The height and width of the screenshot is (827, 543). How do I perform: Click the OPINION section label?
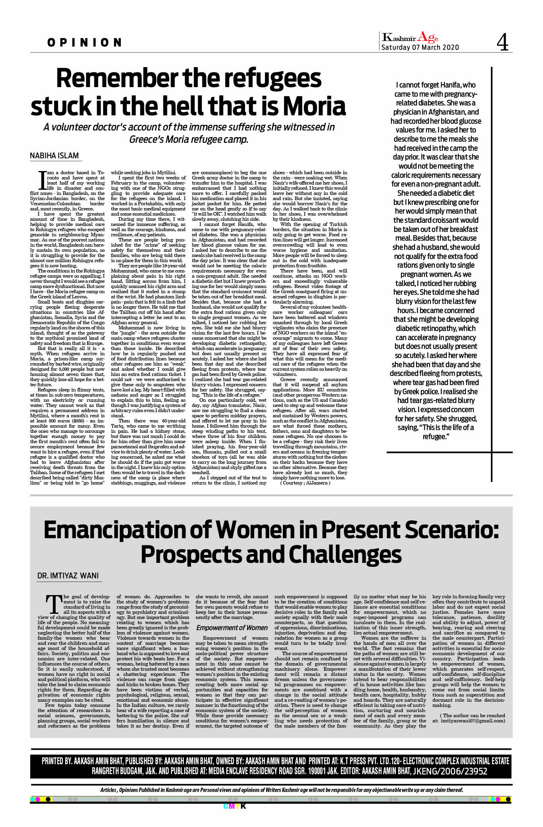click(x=84, y=43)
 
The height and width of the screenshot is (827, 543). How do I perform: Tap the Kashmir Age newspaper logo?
click(x=410, y=38)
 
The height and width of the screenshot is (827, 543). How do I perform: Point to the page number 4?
click(x=502, y=43)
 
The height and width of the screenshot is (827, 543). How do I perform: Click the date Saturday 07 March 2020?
click(x=420, y=47)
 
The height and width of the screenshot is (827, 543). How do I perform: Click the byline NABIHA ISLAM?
click(x=54, y=156)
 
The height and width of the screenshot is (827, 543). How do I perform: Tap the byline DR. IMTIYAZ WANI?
click(x=68, y=576)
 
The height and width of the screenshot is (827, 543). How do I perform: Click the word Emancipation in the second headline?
click(x=127, y=530)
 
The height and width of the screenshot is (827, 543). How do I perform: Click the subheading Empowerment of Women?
click(x=232, y=627)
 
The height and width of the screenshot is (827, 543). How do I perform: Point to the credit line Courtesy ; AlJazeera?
click(x=305, y=483)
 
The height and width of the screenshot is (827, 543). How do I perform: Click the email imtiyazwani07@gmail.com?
click(x=473, y=720)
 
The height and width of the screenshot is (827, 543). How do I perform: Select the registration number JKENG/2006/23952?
click(x=450, y=771)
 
